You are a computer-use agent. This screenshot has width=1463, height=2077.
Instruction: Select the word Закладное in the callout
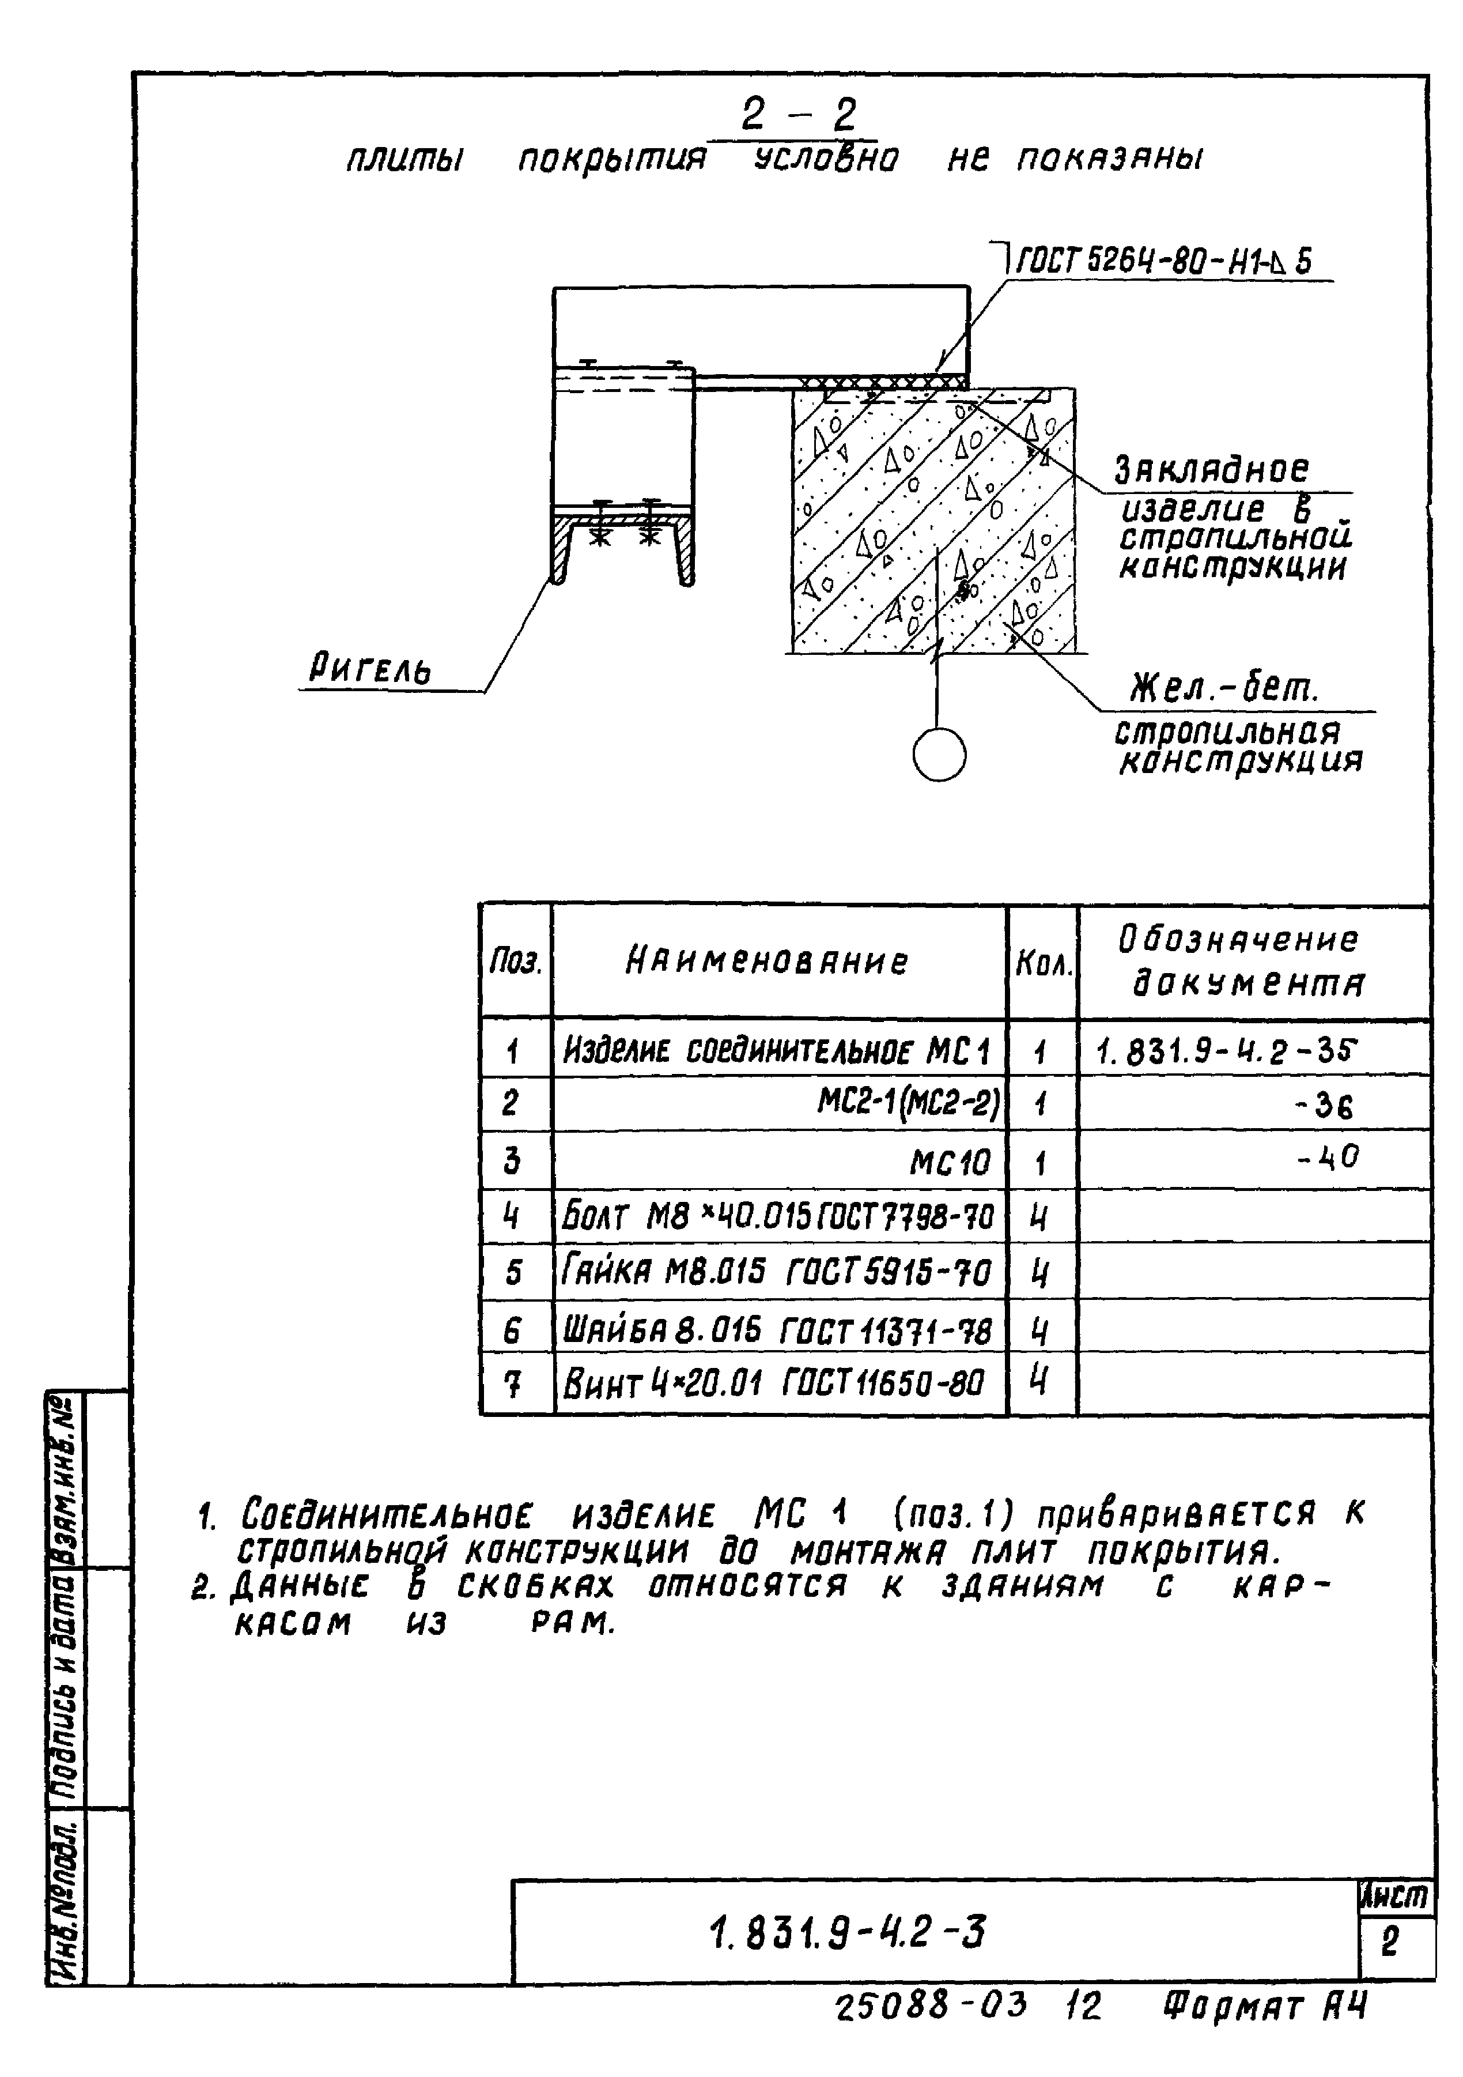[1212, 470]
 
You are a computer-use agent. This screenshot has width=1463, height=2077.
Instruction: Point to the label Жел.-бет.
[1224, 689]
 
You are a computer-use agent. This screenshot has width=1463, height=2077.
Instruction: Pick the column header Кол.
[1042, 965]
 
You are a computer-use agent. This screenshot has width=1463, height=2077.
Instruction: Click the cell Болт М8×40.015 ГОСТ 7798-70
[776, 1217]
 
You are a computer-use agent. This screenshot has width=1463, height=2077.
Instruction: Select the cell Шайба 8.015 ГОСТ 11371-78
[776, 1330]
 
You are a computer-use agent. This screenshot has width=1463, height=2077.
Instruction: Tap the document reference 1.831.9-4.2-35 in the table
[1226, 1051]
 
